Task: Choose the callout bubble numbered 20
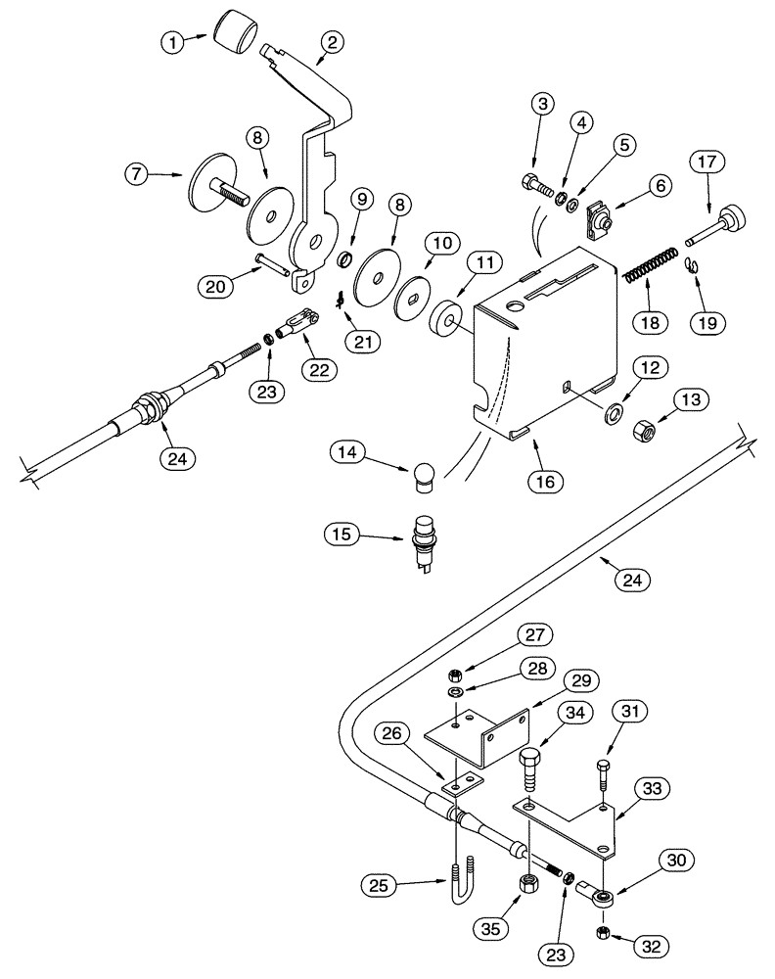pyautogui.click(x=215, y=287)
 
